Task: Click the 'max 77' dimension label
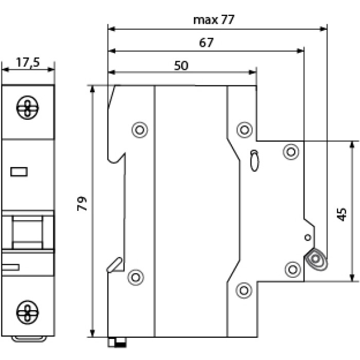(x=214, y=20)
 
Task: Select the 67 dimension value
(x=206, y=43)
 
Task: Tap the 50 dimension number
(x=181, y=65)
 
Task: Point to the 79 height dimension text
(x=82, y=204)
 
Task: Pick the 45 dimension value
(x=342, y=214)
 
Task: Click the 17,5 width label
(x=28, y=62)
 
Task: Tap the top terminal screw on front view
(x=28, y=107)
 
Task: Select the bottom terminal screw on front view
(x=28, y=312)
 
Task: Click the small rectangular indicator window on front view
(x=19, y=172)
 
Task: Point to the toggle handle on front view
(x=28, y=232)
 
